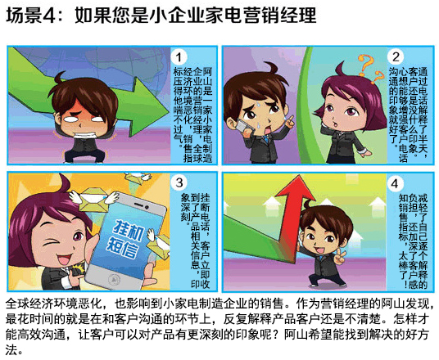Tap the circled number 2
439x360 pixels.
click(x=396, y=56)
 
